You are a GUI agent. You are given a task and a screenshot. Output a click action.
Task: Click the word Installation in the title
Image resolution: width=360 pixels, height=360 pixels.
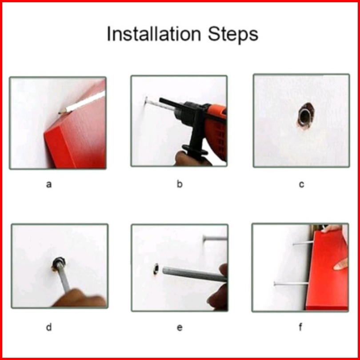[x=154, y=34]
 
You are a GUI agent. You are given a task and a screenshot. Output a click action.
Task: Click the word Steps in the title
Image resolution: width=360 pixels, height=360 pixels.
[x=233, y=34]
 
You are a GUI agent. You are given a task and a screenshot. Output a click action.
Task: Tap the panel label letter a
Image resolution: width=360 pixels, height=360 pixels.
[x=49, y=184]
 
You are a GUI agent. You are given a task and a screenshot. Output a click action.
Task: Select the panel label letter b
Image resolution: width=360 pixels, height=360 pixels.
[x=180, y=184]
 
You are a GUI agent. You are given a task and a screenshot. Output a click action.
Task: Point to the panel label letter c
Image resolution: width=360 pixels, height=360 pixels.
[x=301, y=184]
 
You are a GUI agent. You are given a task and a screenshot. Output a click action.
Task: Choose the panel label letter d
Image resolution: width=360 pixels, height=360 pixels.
[x=49, y=327]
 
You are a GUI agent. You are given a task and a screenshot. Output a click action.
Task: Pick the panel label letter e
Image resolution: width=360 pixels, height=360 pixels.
[x=180, y=328]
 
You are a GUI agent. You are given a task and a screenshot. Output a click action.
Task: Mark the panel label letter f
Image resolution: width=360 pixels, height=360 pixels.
[x=300, y=327]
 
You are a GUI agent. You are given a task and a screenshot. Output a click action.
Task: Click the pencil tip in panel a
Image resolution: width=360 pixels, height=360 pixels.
[x=60, y=113]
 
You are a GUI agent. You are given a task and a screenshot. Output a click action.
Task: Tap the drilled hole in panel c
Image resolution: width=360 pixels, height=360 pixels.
[x=305, y=116]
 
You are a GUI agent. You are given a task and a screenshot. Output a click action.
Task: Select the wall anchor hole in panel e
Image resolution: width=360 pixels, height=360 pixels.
[x=156, y=269]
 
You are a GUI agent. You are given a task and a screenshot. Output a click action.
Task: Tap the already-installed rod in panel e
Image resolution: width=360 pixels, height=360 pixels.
[x=215, y=238]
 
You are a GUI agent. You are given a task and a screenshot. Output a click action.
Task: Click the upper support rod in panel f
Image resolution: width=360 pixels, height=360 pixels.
[x=303, y=243]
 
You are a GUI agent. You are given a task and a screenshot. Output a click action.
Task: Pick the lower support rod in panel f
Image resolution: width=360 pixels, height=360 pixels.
[x=291, y=284]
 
